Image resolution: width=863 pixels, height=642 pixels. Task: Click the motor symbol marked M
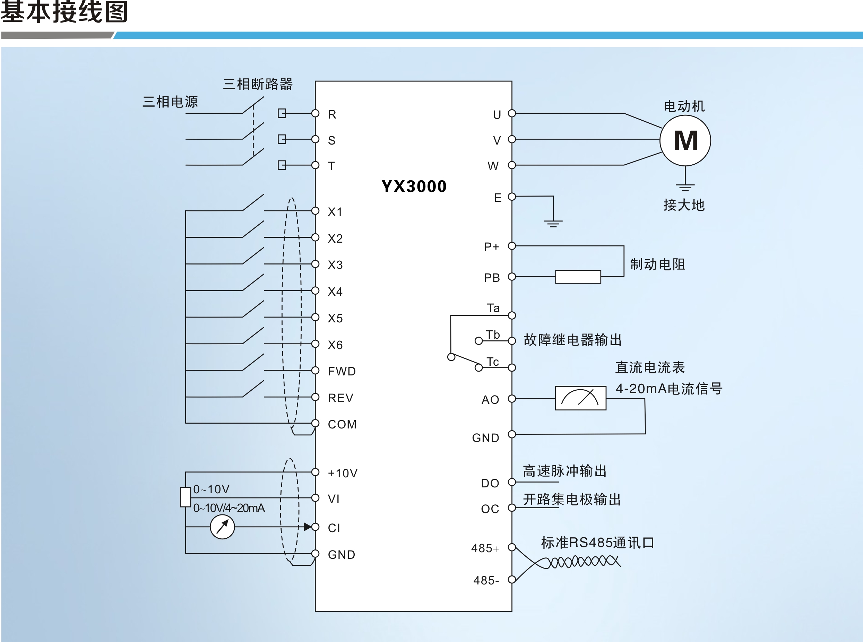[685, 140]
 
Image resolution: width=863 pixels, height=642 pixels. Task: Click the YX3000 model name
[414, 186]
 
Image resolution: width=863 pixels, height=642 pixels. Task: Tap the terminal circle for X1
[315, 211]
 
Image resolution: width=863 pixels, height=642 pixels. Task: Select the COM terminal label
[342, 424]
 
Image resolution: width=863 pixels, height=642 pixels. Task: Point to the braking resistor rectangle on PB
[578, 277]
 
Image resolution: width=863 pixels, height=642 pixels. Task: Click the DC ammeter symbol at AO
[580, 398]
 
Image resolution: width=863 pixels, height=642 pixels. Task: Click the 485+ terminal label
[485, 548]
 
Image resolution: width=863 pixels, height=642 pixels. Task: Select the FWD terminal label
[342, 371]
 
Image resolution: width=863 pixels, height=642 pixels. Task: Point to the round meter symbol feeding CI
[222, 527]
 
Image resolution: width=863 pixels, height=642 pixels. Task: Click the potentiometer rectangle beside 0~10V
[185, 497]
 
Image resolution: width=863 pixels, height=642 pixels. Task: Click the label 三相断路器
[257, 84]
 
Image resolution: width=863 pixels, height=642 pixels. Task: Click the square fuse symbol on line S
[282, 139]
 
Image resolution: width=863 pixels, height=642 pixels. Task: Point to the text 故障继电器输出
[572, 340]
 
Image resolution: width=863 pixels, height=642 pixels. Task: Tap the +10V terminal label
[342, 473]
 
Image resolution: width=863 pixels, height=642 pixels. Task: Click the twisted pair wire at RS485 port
[583, 562]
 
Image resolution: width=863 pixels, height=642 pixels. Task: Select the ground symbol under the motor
[685, 187]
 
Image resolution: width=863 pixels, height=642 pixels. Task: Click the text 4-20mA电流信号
[668, 388]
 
